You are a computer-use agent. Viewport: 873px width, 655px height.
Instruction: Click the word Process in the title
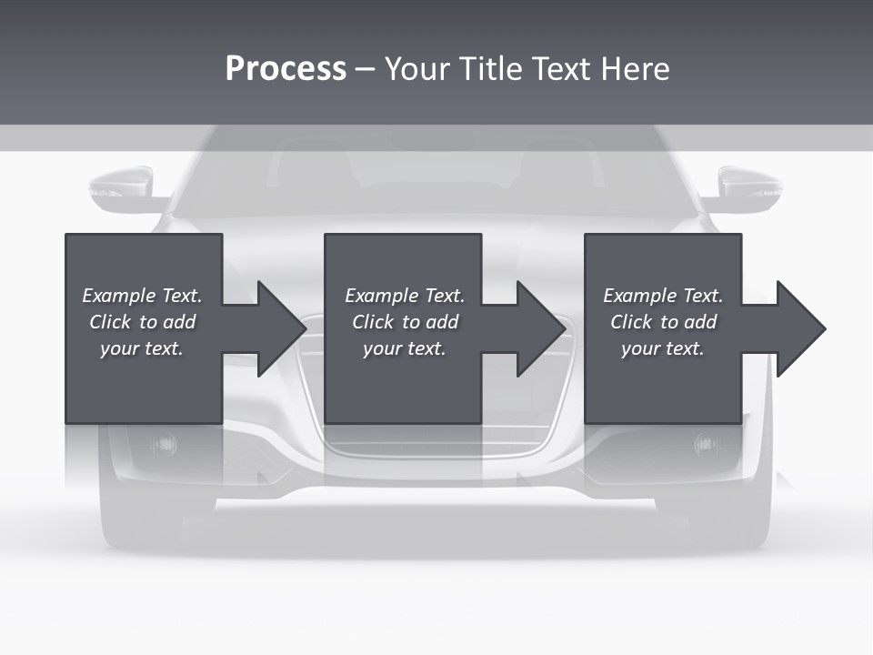click(x=286, y=69)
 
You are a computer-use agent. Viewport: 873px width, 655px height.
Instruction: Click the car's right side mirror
click(x=749, y=189)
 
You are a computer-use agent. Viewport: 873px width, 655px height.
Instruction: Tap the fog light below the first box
click(x=166, y=444)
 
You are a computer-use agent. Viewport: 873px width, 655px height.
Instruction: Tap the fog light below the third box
click(x=705, y=444)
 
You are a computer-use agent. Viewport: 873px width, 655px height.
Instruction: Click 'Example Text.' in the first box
click(x=142, y=296)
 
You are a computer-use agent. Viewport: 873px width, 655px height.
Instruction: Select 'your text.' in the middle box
click(x=404, y=348)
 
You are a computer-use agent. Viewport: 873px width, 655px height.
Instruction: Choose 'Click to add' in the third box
click(x=663, y=322)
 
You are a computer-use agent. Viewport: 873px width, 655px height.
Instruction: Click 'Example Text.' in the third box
click(x=663, y=296)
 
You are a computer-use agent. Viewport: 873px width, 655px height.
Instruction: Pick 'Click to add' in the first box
click(x=142, y=322)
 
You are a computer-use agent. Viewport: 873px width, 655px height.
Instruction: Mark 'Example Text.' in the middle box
click(x=404, y=296)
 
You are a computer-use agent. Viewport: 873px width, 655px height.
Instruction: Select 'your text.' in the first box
click(x=142, y=348)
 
